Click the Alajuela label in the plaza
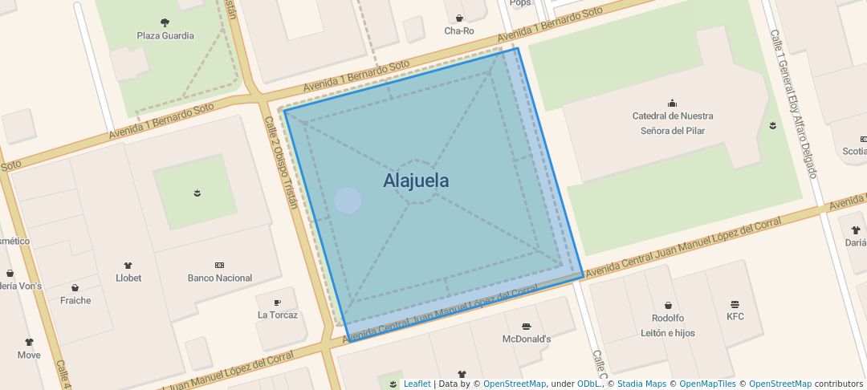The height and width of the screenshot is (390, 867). point(416,181)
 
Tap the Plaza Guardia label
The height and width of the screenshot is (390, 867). point(165,35)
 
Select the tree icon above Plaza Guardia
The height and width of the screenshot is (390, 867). point(165,22)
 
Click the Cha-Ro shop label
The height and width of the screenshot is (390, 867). point(459,31)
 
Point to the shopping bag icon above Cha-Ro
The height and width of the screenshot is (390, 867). point(459,18)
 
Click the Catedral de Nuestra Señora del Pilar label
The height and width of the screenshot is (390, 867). point(673,123)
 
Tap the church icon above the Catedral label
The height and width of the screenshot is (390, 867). point(672,103)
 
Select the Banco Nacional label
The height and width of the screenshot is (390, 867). point(219,278)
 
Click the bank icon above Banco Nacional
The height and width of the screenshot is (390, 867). point(219,265)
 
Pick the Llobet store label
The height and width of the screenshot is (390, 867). point(128,278)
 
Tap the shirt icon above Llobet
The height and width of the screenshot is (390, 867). point(128,265)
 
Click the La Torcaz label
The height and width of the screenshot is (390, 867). point(278,315)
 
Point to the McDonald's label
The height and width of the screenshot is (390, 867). point(527,339)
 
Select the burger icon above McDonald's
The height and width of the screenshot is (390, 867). point(526,327)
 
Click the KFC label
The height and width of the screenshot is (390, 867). point(735,317)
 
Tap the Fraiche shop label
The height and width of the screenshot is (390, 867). point(75,301)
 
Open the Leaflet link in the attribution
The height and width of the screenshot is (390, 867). point(417,384)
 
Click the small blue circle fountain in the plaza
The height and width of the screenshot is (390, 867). point(348,201)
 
